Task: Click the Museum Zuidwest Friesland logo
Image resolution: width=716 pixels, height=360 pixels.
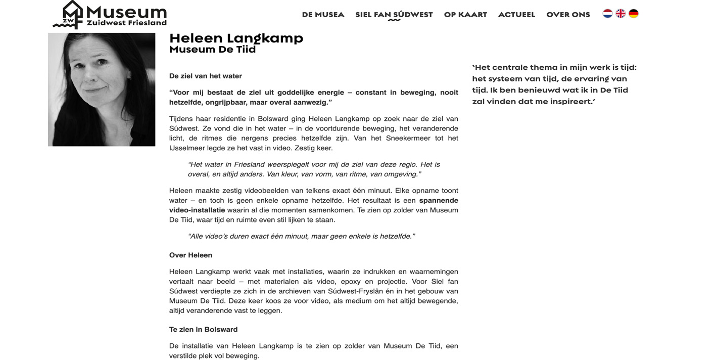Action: pos(110,15)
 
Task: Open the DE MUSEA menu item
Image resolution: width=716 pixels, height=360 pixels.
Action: pos(323,15)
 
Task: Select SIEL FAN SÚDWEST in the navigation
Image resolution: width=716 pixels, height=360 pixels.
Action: pos(394,15)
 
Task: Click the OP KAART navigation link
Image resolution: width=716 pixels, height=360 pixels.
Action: pos(465,15)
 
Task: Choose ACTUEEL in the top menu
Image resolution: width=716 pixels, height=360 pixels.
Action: pos(516,15)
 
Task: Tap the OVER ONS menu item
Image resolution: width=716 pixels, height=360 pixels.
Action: pos(568,15)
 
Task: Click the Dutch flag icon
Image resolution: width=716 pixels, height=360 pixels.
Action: pos(607,14)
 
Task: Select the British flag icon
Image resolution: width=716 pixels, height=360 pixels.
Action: pos(620,14)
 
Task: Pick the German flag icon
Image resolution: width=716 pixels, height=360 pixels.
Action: pos(634,14)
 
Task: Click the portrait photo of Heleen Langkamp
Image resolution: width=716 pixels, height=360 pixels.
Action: pos(102,89)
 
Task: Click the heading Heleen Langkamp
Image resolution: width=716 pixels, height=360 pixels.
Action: pos(236,38)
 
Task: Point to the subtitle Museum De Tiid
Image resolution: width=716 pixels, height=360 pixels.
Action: pos(212,50)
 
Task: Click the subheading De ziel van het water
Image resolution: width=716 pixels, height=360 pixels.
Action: pos(205,76)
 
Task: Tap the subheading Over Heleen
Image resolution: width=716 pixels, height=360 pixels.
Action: pos(190,255)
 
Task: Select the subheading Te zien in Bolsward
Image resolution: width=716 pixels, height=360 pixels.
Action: pos(203,329)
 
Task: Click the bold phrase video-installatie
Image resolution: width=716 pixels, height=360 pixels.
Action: pos(197,210)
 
